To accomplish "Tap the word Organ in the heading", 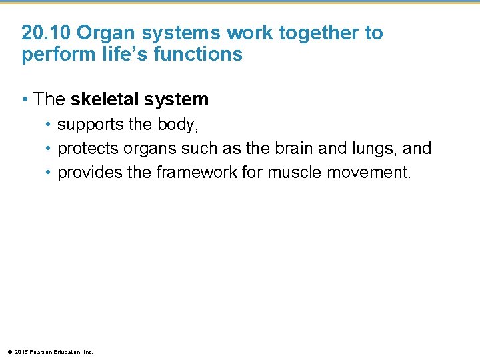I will [x=99, y=33].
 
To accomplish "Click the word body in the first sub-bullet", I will [x=179, y=125].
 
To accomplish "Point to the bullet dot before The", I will [x=25, y=100].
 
